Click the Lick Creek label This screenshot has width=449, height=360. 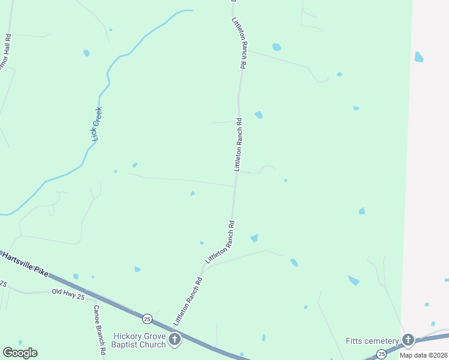click(97, 124)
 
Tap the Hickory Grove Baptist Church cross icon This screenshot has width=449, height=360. click(175, 340)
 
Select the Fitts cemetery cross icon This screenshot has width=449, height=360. click(408, 340)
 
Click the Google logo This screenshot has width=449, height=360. click(20, 353)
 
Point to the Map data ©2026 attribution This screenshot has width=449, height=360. click(424, 355)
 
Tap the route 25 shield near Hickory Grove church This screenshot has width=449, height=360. click(146, 317)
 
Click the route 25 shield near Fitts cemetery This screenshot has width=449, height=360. click(382, 355)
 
